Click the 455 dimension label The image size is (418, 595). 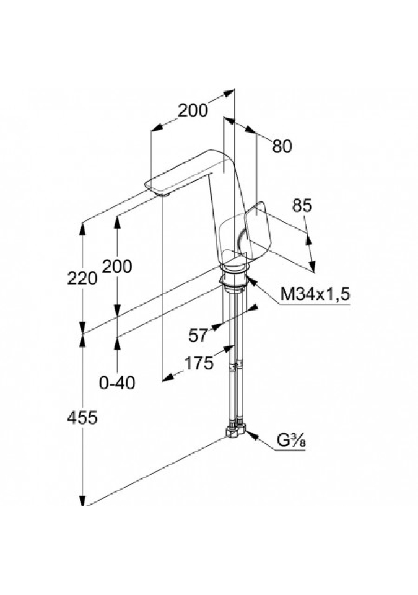[82, 418]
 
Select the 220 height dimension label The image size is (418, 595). [82, 278]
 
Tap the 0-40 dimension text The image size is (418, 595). [117, 384]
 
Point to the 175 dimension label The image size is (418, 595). [199, 363]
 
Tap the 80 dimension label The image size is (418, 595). [281, 146]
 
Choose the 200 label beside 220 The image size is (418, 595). [117, 267]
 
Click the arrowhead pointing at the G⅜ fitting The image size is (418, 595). [251, 434]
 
